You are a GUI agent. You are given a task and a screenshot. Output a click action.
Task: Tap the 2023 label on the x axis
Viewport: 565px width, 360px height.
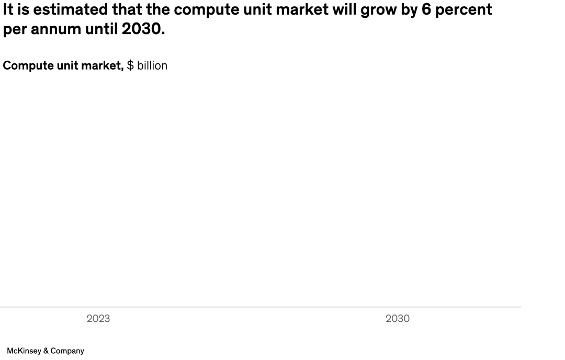click(98, 319)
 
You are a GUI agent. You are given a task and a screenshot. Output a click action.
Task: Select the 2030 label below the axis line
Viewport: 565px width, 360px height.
click(398, 319)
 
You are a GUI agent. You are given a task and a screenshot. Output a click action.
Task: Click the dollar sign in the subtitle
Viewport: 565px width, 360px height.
click(130, 65)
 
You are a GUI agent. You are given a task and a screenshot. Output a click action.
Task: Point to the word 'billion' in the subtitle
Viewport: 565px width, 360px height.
click(152, 65)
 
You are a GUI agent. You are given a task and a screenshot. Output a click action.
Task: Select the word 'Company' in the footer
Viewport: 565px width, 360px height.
click(68, 351)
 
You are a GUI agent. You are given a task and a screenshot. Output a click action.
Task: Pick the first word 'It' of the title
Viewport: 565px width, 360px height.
click(8, 9)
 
